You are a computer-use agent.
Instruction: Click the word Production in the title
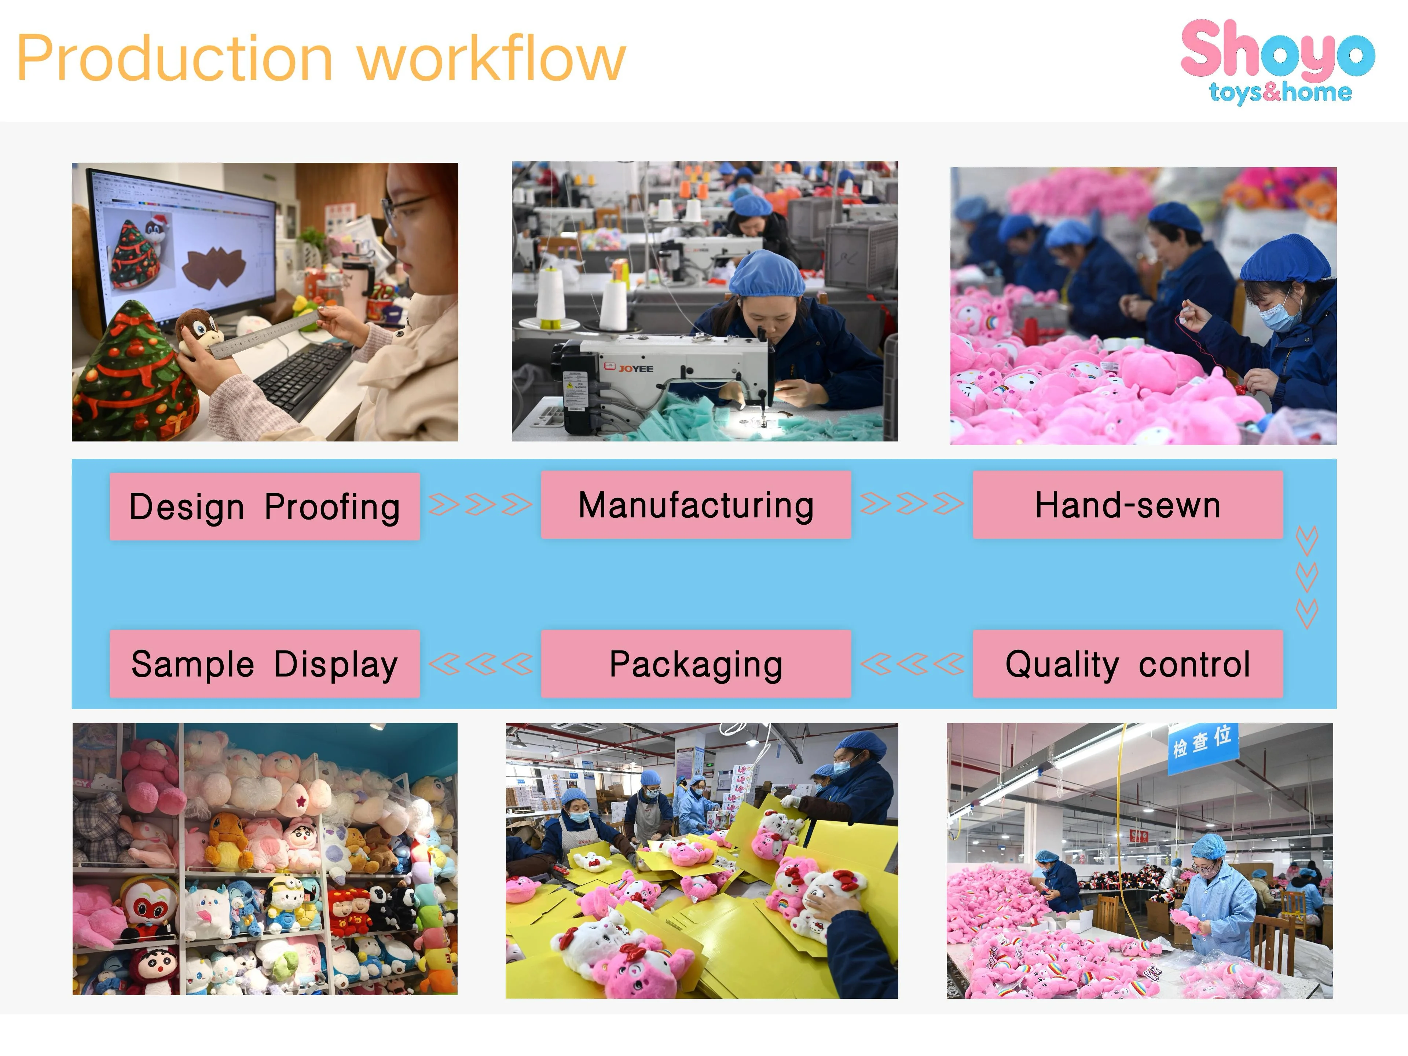coord(175,59)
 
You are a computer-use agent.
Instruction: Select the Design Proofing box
coord(265,507)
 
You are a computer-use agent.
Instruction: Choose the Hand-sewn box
coord(1128,505)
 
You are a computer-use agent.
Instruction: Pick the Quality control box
coord(1128,664)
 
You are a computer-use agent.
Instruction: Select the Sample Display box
coord(265,664)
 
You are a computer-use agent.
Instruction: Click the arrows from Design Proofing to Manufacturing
coord(481,505)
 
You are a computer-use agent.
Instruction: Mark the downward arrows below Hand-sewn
coord(1307,577)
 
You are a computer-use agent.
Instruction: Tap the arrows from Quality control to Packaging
coord(912,664)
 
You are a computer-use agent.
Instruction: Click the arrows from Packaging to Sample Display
coord(481,664)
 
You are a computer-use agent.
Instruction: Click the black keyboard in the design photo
coord(304,376)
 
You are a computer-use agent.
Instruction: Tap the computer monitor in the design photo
coord(184,245)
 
